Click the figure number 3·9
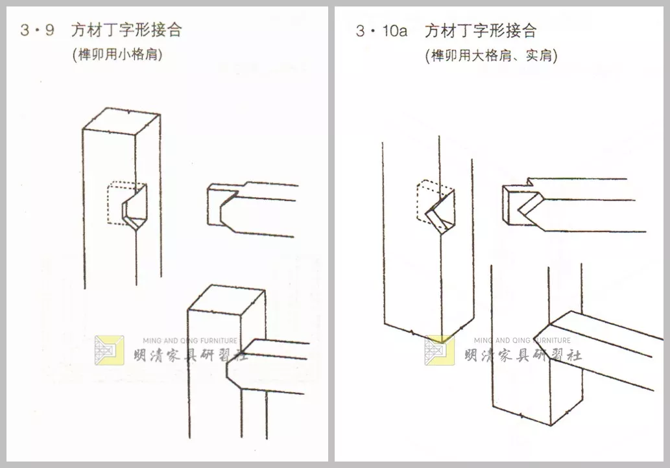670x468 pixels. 37,30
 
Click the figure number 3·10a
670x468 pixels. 381,30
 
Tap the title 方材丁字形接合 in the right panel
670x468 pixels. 481,30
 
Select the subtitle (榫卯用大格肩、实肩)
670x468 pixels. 491,55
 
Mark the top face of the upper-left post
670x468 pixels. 121,123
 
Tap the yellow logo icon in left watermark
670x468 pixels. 109,350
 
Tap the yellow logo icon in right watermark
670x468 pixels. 439,350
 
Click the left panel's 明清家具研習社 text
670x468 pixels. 185,355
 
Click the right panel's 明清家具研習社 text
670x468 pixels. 523,355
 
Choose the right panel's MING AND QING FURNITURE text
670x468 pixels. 523,340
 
